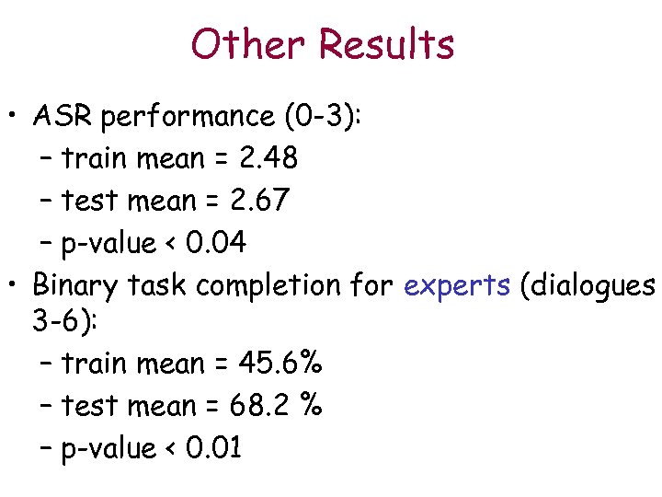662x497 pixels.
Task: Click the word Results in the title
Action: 387,44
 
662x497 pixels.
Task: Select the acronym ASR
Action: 63,117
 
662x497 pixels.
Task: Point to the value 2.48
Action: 268,158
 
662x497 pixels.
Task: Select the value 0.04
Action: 215,243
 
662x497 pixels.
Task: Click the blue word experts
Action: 457,286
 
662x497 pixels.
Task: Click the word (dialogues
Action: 587,286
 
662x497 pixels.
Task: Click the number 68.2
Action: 272,406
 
